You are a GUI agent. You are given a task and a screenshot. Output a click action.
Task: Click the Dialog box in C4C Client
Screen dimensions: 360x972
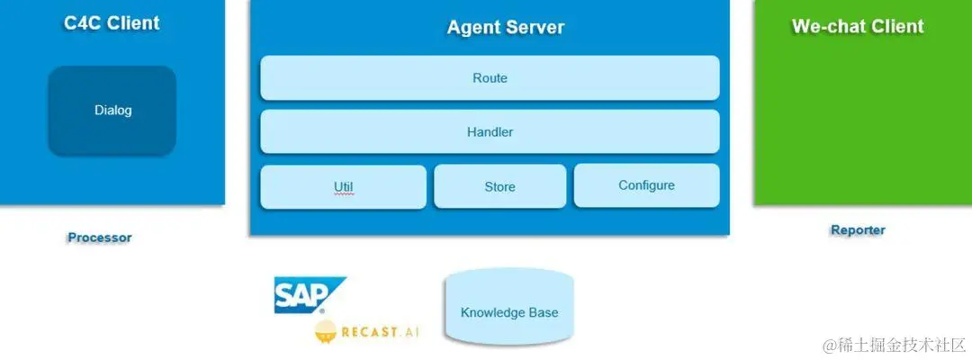point(112,111)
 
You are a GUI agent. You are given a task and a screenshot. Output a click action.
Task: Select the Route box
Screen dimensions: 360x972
point(490,78)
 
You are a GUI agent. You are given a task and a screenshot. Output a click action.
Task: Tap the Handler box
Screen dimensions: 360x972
point(490,131)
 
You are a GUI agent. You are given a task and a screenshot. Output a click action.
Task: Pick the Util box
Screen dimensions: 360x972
point(343,187)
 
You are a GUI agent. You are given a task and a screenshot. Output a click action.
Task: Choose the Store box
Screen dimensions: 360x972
point(499,186)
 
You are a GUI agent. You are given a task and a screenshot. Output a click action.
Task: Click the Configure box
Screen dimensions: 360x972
point(646,185)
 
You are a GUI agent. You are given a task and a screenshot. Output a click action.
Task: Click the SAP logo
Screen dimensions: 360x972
point(307,295)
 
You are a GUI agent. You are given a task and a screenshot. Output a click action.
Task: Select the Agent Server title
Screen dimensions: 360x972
point(506,27)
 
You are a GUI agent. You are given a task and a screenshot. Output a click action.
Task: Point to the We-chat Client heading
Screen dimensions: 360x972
point(858,26)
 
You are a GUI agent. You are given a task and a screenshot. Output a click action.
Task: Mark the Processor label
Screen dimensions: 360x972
point(99,238)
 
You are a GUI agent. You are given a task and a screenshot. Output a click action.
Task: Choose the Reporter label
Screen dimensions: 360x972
point(858,230)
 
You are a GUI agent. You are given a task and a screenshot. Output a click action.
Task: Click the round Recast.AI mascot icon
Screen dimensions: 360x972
point(327,332)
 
